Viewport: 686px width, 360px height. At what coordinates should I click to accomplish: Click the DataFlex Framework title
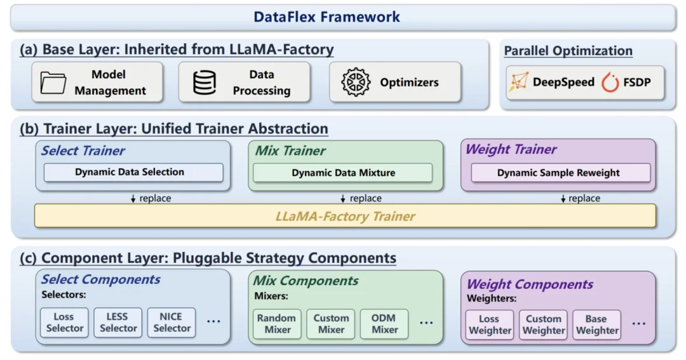click(x=326, y=17)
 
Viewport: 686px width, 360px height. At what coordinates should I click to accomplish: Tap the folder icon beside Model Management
click(x=53, y=83)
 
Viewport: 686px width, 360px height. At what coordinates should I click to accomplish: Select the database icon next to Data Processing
click(x=205, y=83)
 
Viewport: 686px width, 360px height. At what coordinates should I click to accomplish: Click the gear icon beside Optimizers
click(x=356, y=83)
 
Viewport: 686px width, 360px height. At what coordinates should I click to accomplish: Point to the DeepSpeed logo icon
click(x=518, y=83)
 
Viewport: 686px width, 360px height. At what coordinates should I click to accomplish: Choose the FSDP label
click(x=637, y=83)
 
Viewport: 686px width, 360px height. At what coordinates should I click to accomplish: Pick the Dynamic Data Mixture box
click(x=343, y=173)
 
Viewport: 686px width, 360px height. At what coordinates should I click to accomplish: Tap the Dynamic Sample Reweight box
click(x=558, y=173)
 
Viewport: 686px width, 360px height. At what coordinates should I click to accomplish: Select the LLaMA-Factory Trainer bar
click(x=345, y=217)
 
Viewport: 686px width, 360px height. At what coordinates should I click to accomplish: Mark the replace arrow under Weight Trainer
click(x=563, y=198)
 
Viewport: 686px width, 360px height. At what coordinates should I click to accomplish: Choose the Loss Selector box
click(x=64, y=323)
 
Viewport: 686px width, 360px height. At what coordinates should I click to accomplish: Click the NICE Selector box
click(x=171, y=323)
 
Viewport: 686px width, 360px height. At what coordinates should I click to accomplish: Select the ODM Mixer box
click(x=384, y=323)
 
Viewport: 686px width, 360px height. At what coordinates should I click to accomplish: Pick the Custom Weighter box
click(x=543, y=324)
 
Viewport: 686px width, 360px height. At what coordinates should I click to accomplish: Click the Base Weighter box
click(x=596, y=324)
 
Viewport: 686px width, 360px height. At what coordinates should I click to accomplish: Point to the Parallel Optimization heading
click(x=568, y=51)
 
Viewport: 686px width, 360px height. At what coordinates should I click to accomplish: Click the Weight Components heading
click(x=530, y=284)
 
